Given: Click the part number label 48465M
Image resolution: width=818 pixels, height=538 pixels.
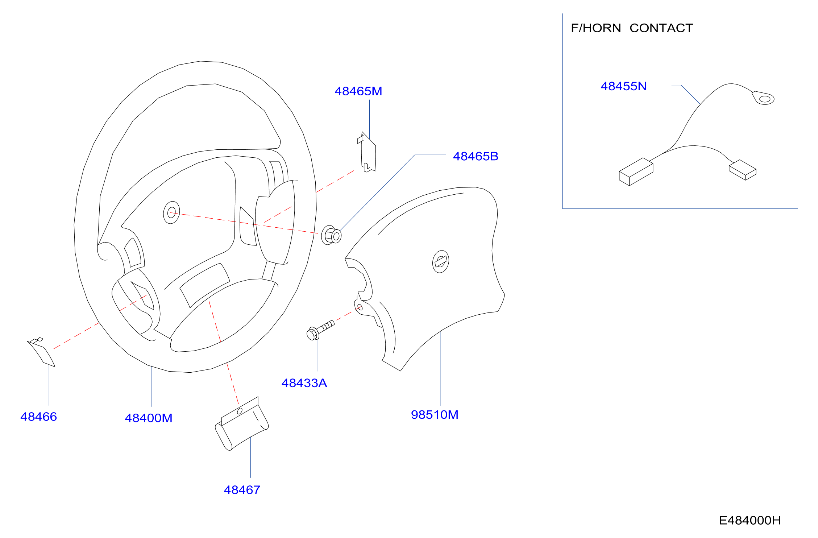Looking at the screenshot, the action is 358,91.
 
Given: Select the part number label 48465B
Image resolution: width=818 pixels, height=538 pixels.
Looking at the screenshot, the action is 476,156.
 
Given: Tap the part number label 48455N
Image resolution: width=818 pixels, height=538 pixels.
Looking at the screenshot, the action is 623,86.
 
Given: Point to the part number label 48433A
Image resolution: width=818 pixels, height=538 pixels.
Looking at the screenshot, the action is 304,383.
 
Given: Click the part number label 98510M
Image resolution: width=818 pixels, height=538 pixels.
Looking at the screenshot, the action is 435,415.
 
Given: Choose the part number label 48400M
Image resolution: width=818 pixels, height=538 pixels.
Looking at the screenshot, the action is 148,418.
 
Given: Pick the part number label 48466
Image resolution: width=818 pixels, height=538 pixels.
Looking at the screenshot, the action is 38,417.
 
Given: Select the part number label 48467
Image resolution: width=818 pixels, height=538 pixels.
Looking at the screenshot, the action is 242,490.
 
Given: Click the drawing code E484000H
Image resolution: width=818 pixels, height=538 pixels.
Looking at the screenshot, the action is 750,521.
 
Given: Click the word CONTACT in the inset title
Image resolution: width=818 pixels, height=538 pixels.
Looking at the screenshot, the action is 661,28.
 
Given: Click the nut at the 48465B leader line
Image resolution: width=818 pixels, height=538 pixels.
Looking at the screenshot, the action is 331,235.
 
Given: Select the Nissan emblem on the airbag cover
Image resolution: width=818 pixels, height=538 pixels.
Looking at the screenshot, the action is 441,261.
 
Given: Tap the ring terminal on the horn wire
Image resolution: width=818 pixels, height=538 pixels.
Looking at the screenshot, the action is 763,98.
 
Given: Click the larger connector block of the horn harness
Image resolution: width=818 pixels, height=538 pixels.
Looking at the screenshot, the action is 636,172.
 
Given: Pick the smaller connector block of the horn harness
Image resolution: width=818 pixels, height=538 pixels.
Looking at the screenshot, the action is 742,170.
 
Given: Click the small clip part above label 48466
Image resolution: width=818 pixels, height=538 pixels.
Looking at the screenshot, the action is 41,352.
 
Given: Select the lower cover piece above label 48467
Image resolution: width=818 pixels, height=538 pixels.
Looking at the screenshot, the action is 242,423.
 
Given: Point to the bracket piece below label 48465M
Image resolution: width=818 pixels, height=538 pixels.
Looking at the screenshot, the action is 367,152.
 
